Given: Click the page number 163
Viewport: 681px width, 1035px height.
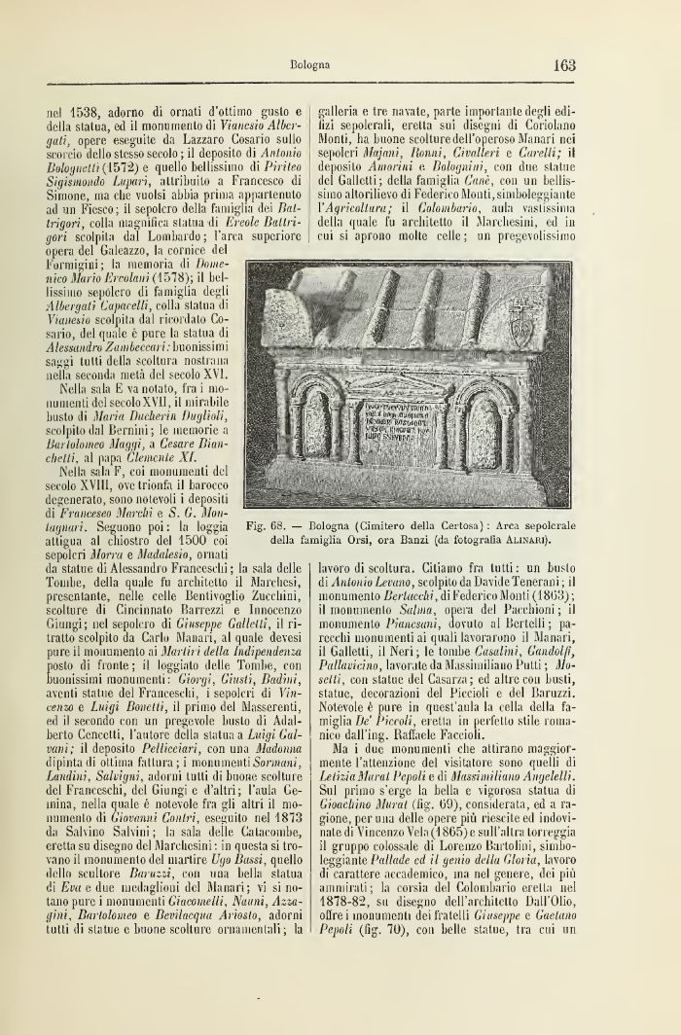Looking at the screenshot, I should (562, 66).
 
